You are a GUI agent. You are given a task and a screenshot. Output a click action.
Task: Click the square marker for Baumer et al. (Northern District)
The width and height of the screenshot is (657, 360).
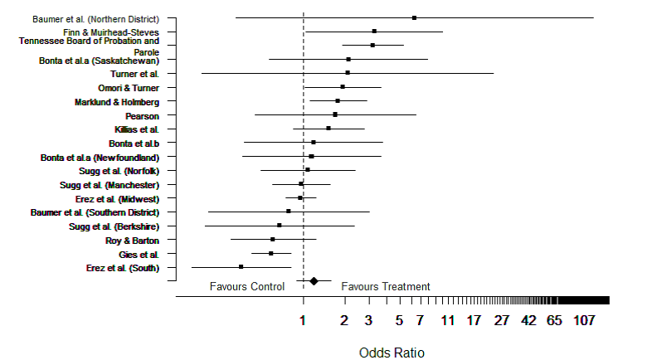pos(414,17)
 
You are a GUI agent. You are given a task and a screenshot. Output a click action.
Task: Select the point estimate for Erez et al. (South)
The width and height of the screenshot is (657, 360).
pos(241,267)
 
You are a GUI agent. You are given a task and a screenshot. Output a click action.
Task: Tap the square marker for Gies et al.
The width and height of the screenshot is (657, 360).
pos(271,253)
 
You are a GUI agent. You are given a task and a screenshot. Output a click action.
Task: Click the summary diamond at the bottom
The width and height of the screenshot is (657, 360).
pos(314,281)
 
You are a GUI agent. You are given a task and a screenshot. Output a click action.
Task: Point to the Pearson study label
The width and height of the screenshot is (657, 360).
pos(142,115)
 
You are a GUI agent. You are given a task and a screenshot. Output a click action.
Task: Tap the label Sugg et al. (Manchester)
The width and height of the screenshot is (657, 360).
pos(109,185)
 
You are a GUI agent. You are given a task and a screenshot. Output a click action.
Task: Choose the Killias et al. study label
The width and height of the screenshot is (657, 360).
pos(136,129)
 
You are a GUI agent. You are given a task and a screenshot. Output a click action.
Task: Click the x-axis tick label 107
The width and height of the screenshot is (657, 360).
pos(584,320)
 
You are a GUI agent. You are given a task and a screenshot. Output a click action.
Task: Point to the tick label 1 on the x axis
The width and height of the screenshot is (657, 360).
pos(304,320)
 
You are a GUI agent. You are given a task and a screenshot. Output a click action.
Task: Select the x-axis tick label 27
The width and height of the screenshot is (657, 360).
pos(502,320)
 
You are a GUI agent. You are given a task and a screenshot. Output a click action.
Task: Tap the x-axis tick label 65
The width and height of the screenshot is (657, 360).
pos(555,320)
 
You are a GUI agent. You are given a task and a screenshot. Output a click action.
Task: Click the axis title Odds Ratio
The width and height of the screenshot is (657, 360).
pos(392,353)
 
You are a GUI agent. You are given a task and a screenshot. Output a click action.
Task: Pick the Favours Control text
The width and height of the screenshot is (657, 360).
pos(247,287)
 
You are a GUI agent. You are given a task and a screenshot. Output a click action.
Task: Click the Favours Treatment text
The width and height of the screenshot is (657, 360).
pos(386,287)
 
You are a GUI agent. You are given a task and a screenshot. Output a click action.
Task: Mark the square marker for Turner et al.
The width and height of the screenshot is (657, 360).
pos(348,73)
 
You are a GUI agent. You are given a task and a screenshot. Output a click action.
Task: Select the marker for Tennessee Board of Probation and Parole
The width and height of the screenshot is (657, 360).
pos(372,45)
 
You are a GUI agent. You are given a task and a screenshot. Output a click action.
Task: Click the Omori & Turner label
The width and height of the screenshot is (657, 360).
pos(129,88)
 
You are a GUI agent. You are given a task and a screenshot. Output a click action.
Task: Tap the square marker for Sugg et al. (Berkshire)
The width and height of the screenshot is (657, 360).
pos(280,226)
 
